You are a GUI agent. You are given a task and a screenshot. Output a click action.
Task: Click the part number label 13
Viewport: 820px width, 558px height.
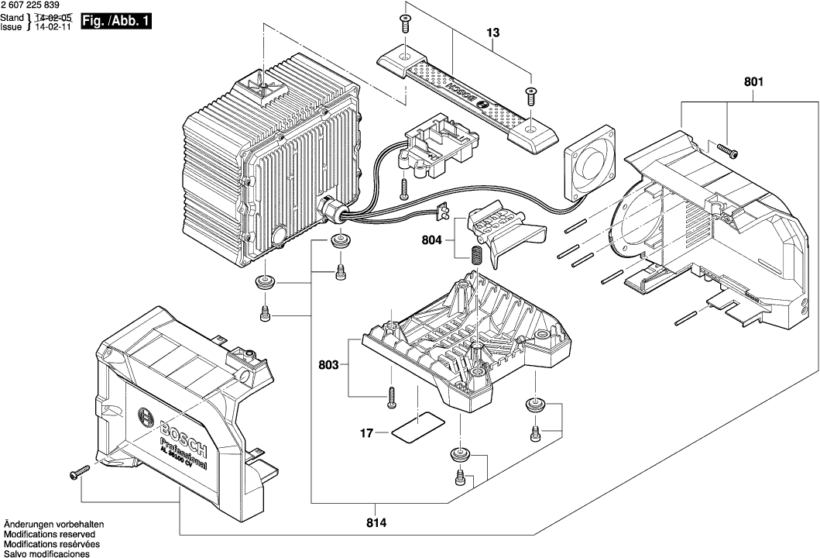coord(493,33)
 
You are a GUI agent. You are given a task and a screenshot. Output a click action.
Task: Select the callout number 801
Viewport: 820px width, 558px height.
coord(753,81)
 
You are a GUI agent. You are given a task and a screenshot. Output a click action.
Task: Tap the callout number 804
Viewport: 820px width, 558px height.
coord(432,240)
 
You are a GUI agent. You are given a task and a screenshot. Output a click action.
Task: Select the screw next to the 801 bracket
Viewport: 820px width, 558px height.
coord(727,150)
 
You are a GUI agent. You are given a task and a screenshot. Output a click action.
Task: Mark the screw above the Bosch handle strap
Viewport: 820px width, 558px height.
coord(404,23)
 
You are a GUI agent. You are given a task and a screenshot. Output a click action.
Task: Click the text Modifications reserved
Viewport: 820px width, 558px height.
coord(50,535)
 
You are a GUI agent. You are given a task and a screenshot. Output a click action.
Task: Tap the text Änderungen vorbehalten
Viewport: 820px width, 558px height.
coord(53,525)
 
